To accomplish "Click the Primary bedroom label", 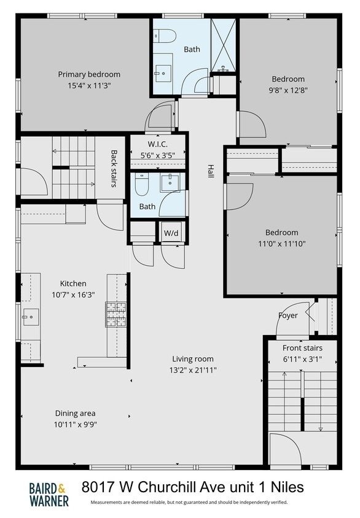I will click(89, 74).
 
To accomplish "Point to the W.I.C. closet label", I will click(158, 145).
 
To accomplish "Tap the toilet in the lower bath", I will click(142, 184).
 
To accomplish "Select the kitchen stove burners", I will click(116, 314).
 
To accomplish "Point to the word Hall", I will click(210, 171).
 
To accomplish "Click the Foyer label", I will click(288, 315).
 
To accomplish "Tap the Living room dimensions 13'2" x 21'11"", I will click(194, 370).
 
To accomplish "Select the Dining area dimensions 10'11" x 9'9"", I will click(75, 424).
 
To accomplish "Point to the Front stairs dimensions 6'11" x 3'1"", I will click(302, 358).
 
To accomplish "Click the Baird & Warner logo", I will click(49, 494).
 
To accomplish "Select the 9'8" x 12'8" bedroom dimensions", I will click(288, 90).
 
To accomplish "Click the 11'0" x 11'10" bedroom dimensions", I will click(281, 243).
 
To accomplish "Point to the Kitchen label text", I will click(72, 284).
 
